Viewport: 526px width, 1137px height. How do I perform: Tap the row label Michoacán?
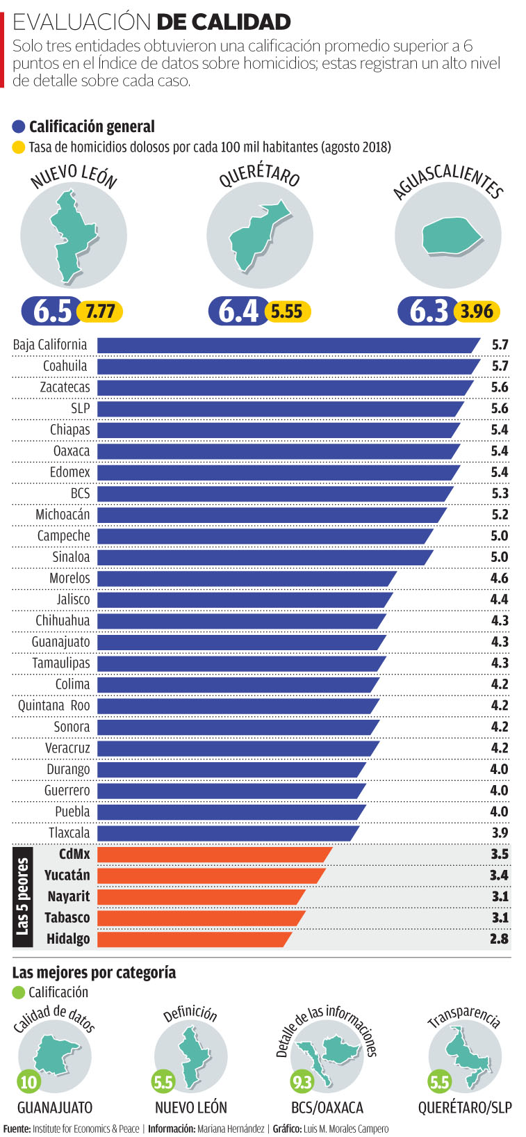(63, 515)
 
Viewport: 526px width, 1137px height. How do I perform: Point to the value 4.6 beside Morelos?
(499, 578)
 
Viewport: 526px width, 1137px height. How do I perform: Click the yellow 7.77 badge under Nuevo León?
(100, 311)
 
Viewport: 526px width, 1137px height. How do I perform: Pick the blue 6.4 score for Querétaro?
(238, 311)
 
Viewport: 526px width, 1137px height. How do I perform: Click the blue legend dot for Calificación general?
(19, 127)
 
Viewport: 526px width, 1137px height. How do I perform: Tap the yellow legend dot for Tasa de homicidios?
(19, 147)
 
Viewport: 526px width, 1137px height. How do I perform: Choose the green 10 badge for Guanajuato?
(28, 1081)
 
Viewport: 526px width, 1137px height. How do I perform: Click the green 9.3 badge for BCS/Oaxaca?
(302, 1081)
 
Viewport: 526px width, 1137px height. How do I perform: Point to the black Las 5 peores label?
(23, 896)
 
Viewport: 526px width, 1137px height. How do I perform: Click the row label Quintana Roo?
(54, 706)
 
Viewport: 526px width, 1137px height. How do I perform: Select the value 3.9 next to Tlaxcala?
(499, 832)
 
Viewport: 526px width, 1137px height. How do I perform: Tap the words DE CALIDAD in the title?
(224, 22)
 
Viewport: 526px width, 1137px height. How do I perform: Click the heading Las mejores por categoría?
(94, 972)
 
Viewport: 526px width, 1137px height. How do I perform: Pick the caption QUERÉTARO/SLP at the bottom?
(464, 1107)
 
